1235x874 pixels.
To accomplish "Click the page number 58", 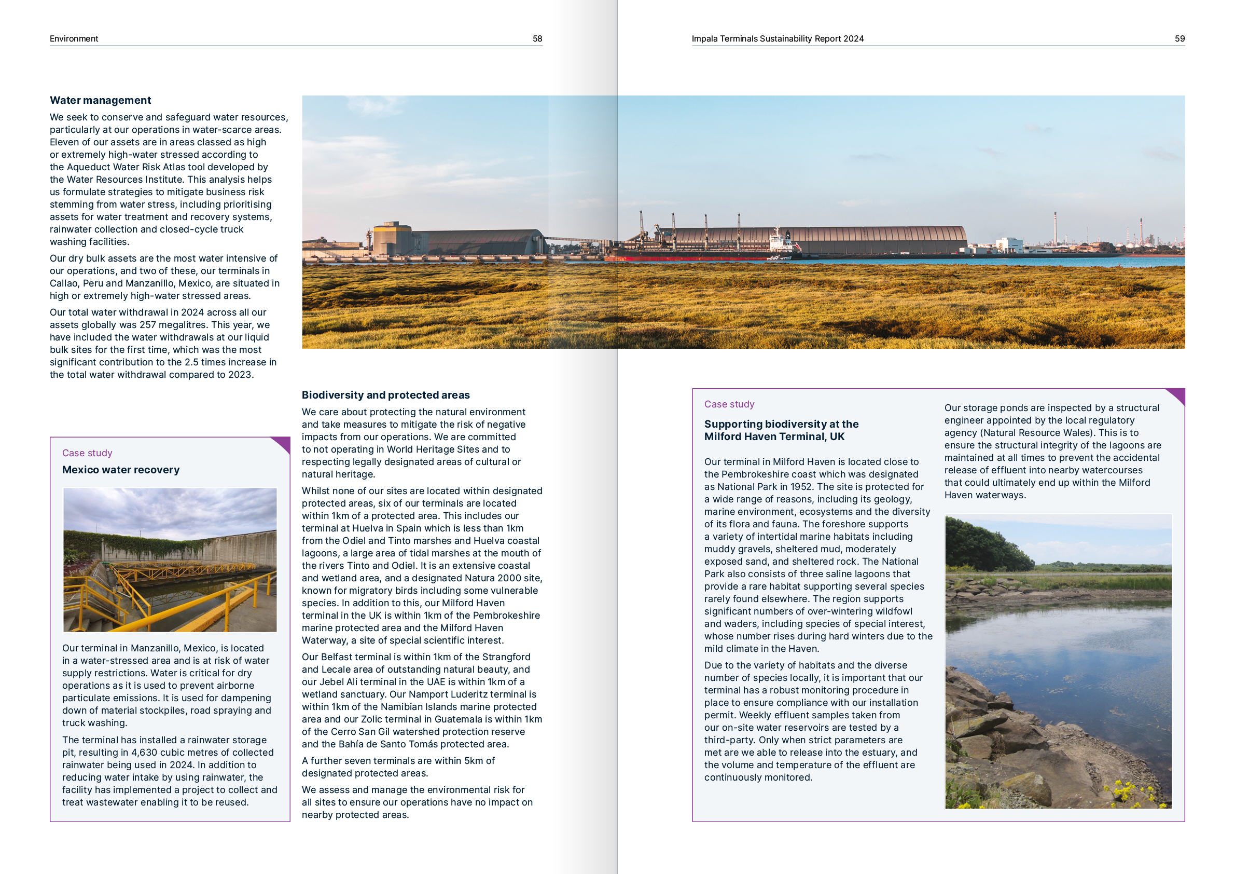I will click(537, 39).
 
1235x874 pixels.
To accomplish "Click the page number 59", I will click(1179, 39).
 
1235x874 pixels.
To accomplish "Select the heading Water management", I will click(100, 100).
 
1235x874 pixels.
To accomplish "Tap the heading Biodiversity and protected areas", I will click(385, 395).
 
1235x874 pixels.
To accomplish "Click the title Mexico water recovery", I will click(120, 470).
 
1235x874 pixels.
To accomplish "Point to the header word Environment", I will click(74, 39).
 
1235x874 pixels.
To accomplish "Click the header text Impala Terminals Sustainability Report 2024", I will click(777, 39).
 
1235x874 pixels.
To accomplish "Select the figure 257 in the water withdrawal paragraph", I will click(147, 325).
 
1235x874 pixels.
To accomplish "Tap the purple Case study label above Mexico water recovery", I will click(87, 453).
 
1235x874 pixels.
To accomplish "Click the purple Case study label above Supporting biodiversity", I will click(729, 404).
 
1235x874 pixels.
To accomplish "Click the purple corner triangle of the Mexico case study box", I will click(283, 444).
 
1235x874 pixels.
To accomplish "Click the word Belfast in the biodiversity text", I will click(339, 657).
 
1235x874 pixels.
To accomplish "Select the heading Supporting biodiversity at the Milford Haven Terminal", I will click(781, 431).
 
